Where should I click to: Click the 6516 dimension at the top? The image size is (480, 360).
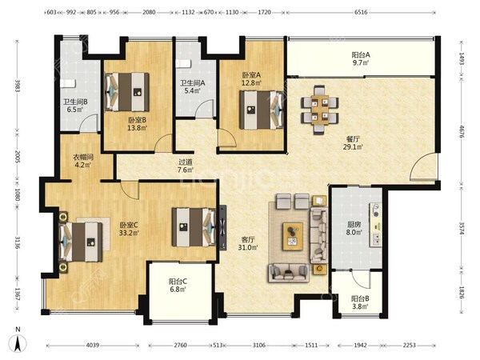pyautogui.click(x=361, y=12)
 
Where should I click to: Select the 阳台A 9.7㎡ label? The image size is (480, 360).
pyautogui.click(x=361, y=58)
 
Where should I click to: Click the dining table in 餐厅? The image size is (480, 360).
pyautogui.click(x=320, y=110)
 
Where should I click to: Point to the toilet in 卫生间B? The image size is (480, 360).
pyautogui.click(x=67, y=83)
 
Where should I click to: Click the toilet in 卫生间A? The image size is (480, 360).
pyautogui.click(x=183, y=63)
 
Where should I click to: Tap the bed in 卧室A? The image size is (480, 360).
pyautogui.click(x=261, y=110)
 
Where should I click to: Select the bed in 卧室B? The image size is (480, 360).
pyautogui.click(x=126, y=92)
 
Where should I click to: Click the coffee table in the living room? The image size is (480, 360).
pyautogui.click(x=293, y=236)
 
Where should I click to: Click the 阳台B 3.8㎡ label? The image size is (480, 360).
pyautogui.click(x=360, y=302)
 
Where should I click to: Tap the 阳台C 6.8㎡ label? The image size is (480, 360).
pyautogui.click(x=178, y=285)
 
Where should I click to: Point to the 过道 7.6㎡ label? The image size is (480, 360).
pyautogui.click(x=186, y=166)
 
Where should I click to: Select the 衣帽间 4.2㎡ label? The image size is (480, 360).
pyautogui.click(x=82, y=161)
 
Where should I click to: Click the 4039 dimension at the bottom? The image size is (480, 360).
pyautogui.click(x=93, y=346)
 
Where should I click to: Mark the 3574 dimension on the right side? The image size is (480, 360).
pyautogui.click(x=462, y=228)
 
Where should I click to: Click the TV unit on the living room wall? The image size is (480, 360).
pyautogui.click(x=223, y=228)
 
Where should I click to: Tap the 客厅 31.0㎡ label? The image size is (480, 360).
pyautogui.click(x=248, y=244)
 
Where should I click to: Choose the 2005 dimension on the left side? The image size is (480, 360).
pyautogui.click(x=18, y=157)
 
